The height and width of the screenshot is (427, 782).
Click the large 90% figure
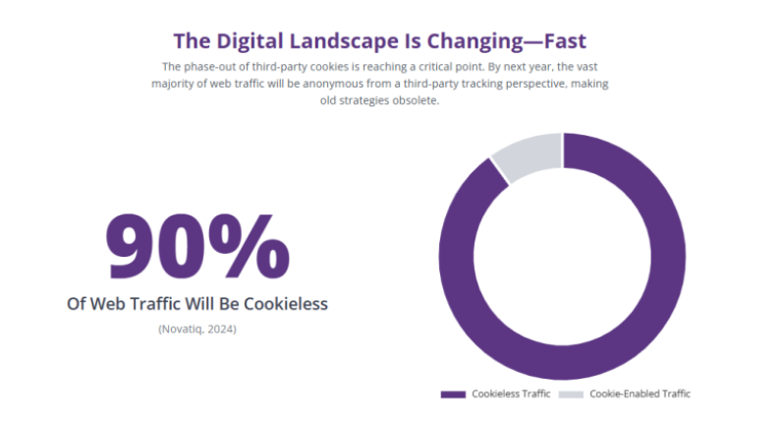point(197,246)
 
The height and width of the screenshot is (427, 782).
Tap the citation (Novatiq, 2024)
point(197,329)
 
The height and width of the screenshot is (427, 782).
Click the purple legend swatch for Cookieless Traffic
point(453,395)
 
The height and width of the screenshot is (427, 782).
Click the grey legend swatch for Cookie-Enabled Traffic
point(571,395)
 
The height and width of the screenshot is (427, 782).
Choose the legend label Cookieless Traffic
point(511,395)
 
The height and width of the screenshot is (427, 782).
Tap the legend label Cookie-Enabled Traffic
point(640,395)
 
